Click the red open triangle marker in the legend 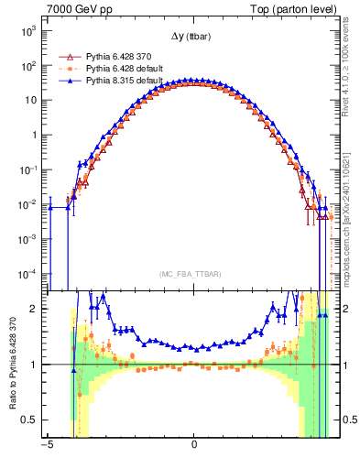click(67, 56)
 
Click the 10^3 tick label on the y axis click(28, 31)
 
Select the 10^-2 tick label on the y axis click(28, 204)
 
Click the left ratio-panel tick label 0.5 click(30, 420)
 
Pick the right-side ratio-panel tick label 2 click(347, 309)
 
